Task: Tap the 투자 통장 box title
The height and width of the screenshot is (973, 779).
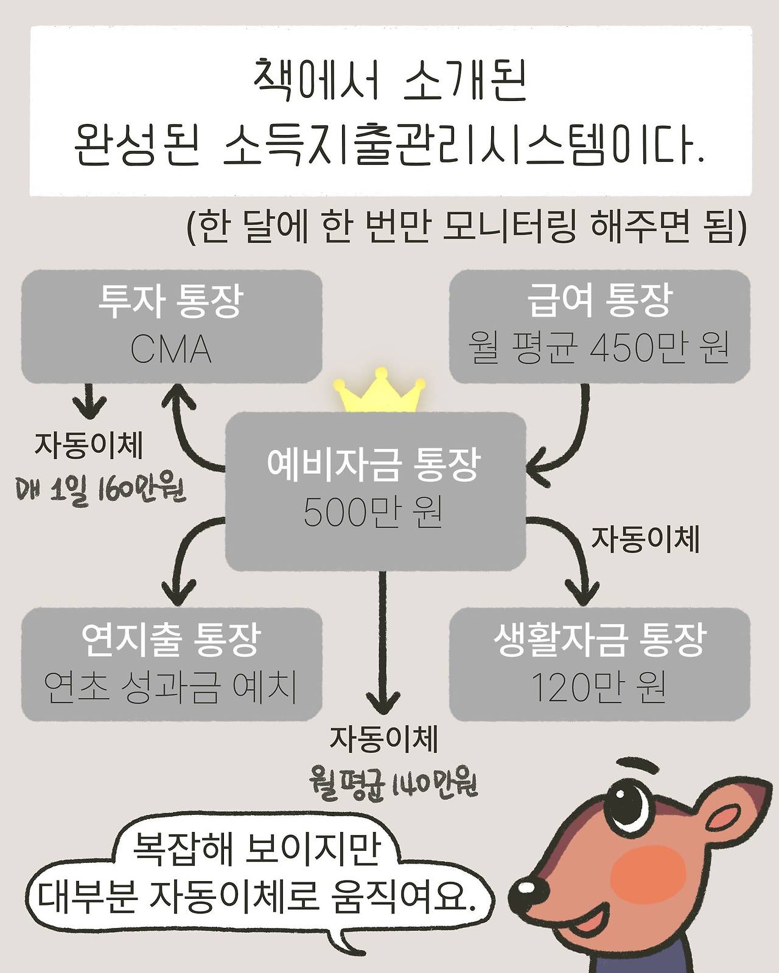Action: [x=171, y=302]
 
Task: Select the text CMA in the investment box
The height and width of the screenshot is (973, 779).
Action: [x=171, y=350]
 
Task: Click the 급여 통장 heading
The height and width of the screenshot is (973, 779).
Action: [x=599, y=302]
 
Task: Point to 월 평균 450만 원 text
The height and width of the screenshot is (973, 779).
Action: [x=599, y=349]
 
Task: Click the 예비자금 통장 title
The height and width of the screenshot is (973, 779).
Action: [x=374, y=465]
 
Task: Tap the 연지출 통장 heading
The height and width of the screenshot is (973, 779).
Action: [x=171, y=640]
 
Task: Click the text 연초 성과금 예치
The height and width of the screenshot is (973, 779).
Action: [x=171, y=688]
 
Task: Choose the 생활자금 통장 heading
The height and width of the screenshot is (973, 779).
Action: [x=599, y=640]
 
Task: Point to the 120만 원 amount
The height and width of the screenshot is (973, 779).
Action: [x=599, y=688]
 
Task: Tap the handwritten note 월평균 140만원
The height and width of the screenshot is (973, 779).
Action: [x=393, y=784]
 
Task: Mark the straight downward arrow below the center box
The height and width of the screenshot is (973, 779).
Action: [x=382, y=645]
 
